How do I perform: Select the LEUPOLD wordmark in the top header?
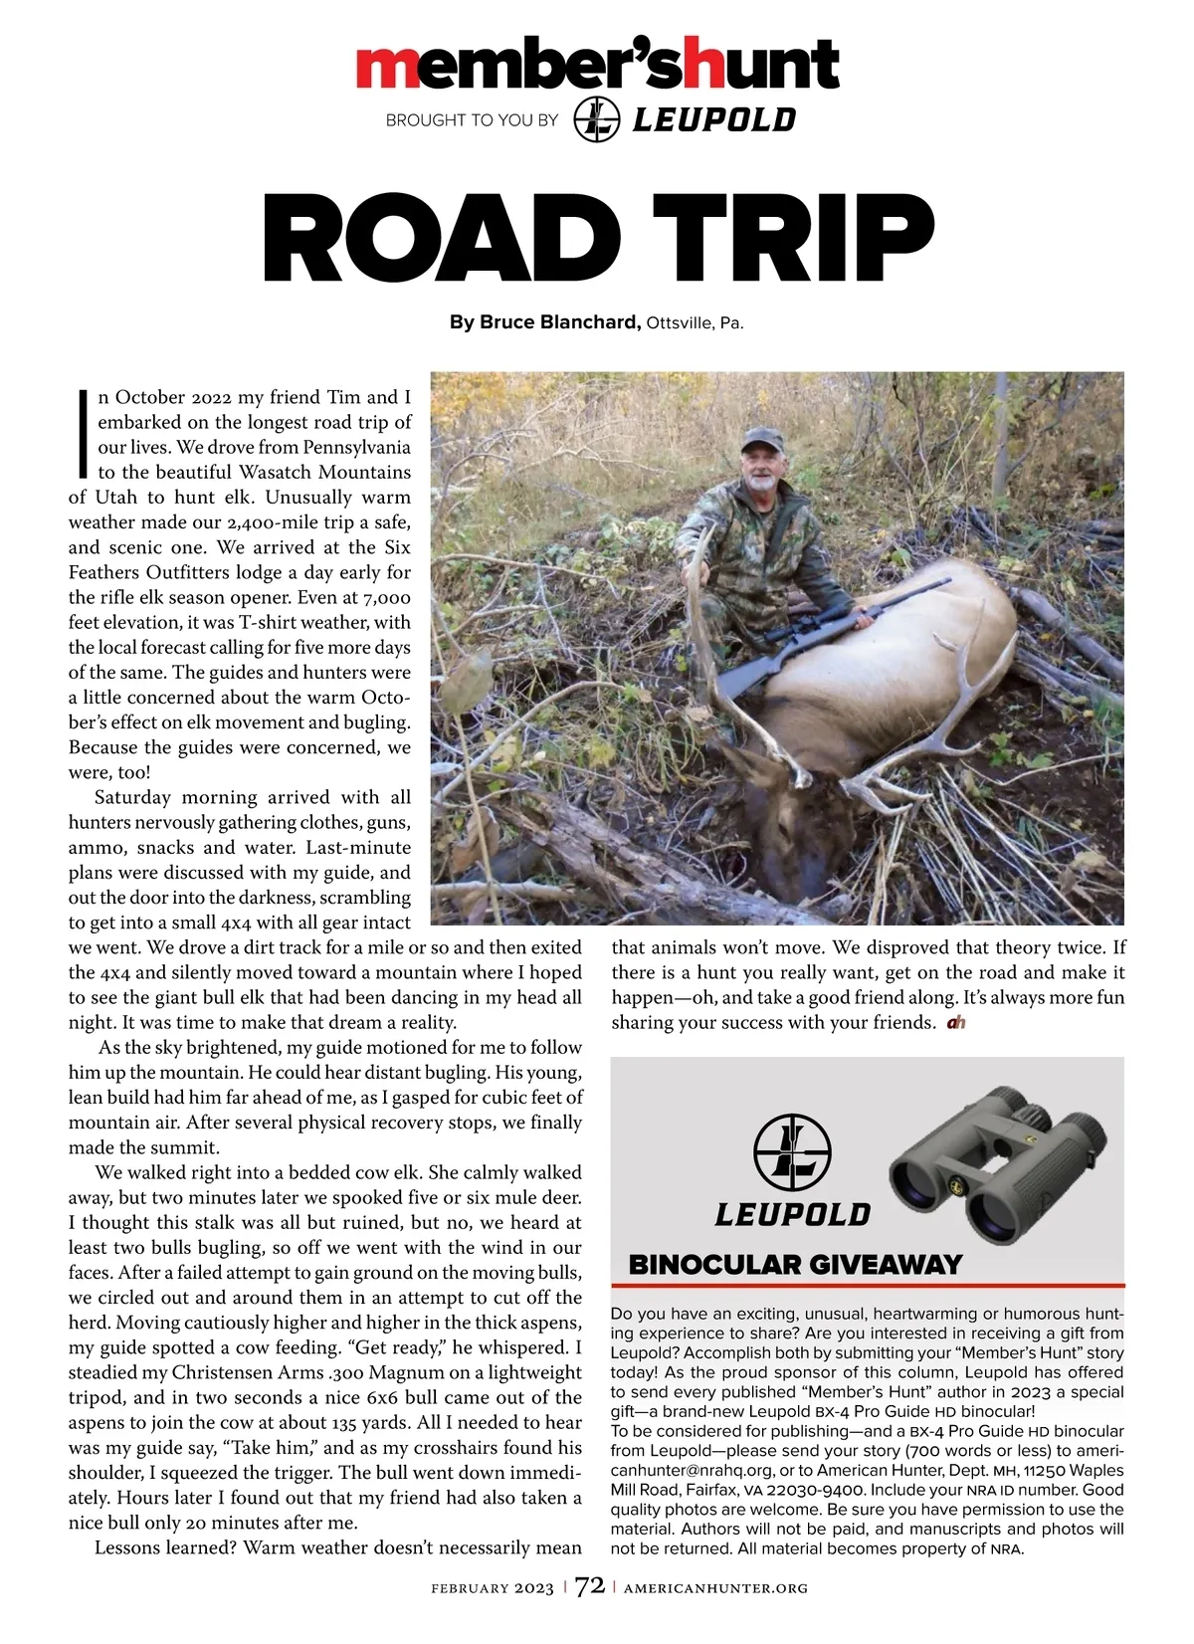click(x=714, y=120)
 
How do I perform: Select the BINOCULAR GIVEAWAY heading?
click(x=795, y=1265)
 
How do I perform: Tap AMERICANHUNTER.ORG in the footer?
click(x=715, y=1588)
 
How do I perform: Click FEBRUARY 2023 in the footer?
click(x=493, y=1588)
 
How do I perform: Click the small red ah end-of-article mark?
click(x=956, y=1023)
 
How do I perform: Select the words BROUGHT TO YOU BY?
click(x=472, y=120)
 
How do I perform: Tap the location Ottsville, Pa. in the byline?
click(x=695, y=323)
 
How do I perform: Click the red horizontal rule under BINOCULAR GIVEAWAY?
click(x=867, y=1286)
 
